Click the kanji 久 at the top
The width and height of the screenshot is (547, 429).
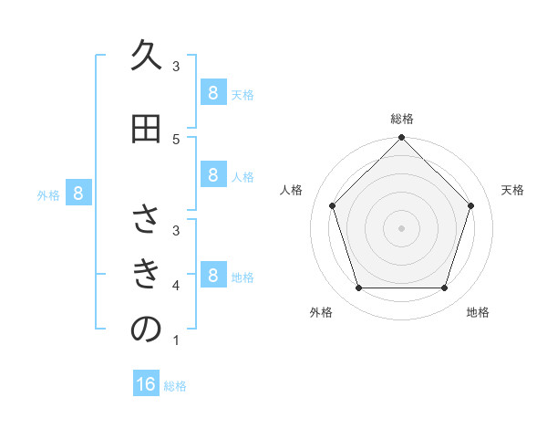146,57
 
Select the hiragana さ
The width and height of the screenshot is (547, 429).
146,220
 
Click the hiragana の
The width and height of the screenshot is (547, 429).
146,330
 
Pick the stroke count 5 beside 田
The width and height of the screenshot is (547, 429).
176,139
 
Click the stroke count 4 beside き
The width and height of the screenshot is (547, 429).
176,286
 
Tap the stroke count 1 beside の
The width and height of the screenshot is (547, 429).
176,341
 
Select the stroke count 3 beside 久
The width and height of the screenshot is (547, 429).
176,66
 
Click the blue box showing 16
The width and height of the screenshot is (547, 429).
146,384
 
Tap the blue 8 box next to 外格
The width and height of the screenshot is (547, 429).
78,194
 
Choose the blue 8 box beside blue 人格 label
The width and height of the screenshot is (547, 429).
212,175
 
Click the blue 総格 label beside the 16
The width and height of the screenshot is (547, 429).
175,386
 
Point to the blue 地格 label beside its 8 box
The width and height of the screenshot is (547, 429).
243,277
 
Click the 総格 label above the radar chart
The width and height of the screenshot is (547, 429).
402,119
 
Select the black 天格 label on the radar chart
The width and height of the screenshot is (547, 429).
513,190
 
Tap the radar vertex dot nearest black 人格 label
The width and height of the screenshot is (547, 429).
333,205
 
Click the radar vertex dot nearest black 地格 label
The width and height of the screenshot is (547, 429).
444,288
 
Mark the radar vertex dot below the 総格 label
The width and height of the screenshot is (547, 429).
402,139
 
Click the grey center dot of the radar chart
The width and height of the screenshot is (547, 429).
402,227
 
